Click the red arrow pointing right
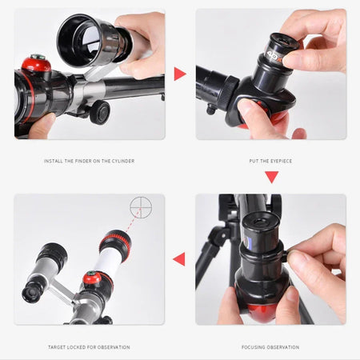180,74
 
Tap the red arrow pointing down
271,177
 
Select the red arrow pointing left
179,258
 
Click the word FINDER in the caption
85,161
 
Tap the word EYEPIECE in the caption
278,161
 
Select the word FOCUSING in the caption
257,347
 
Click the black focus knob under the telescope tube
99,111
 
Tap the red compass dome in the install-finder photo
34,64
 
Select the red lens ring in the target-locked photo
115,239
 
